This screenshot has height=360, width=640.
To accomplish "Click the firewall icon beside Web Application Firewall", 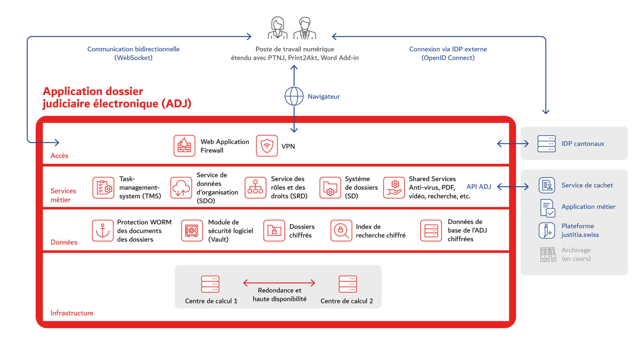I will point(184,145).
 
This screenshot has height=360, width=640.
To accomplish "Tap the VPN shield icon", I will point(267,145).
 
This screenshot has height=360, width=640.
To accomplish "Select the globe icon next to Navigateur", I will point(294,96).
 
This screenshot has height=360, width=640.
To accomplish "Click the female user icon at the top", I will point(277,28).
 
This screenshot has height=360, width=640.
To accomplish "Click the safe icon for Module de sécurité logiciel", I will point(192,231).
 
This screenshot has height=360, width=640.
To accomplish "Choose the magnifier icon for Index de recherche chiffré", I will point(341,231).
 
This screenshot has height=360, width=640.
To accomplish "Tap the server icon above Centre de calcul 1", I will point(210,284).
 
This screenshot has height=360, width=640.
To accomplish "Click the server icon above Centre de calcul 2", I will point(347,284).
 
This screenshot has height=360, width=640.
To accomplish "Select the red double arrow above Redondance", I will point(279,283).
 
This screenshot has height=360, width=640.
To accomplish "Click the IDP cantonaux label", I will point(582,144).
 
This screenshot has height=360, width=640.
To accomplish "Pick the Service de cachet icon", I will point(547,185).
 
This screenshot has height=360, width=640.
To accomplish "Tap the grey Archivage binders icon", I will point(547,254).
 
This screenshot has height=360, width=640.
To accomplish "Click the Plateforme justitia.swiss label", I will point(580,230).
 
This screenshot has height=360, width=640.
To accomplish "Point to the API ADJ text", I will point(479,187).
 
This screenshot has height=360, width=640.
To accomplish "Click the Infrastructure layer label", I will point(72,313).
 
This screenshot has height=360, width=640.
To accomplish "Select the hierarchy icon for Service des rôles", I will point(255,188).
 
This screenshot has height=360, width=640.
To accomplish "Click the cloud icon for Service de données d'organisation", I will point(181,188).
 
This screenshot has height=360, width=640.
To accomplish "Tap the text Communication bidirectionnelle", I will point(133,49).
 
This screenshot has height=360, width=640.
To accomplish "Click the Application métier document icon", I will point(547,208).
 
